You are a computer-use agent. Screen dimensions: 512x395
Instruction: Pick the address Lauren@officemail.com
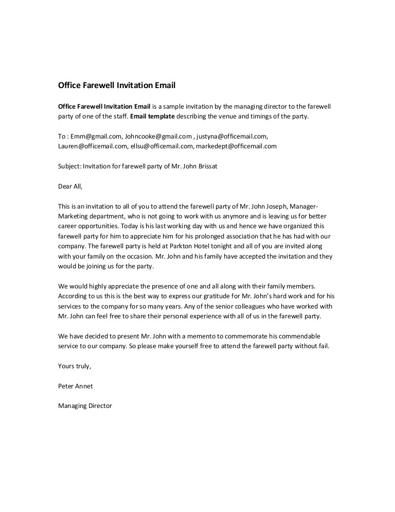coord(93,146)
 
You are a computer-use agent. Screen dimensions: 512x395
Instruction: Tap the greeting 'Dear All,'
coord(70,186)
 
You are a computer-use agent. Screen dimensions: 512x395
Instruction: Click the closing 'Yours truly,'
coord(75,366)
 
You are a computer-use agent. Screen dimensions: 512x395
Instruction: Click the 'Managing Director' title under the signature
coord(85,406)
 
